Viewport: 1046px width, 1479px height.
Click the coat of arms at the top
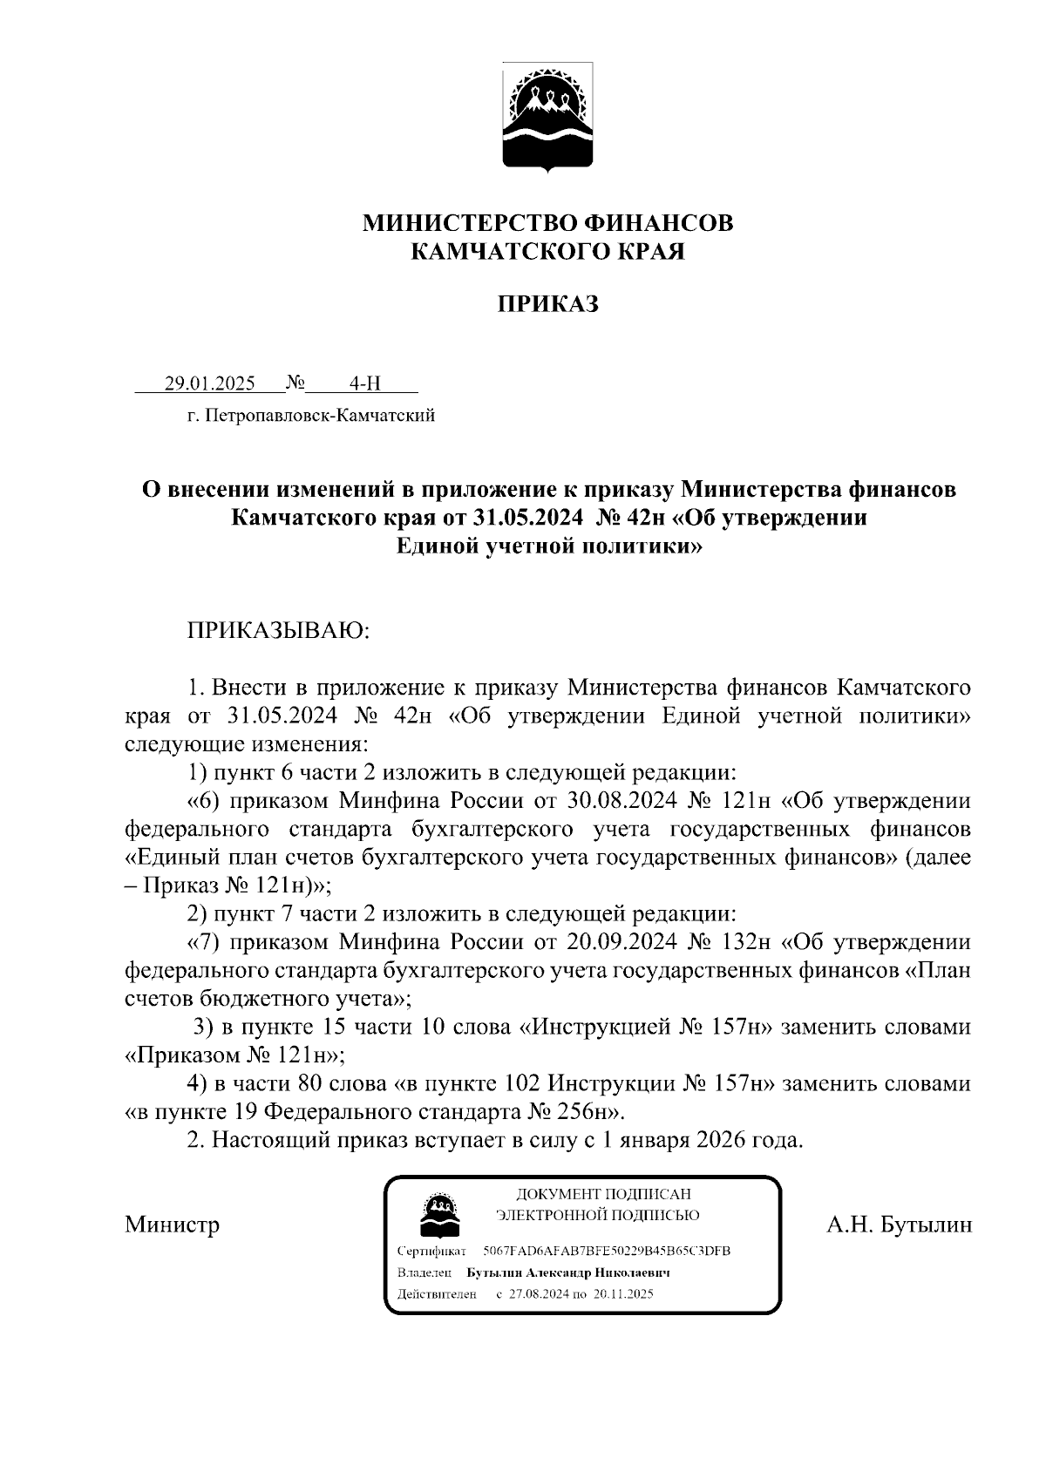click(x=547, y=116)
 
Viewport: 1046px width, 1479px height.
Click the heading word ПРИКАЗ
click(x=547, y=304)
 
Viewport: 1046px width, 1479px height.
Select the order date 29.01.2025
click(x=209, y=383)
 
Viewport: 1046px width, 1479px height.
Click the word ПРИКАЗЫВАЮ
click(x=279, y=629)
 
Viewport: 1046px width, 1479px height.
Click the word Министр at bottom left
click(x=172, y=1225)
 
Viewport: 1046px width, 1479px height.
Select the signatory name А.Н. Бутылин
click(x=899, y=1225)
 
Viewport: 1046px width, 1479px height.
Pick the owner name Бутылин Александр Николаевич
click(x=568, y=1272)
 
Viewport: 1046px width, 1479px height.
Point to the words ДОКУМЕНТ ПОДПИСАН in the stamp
click(x=603, y=1194)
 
